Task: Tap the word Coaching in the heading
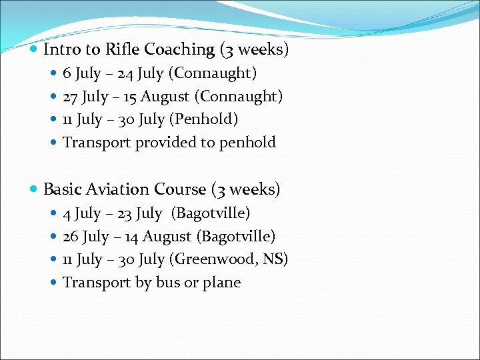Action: point(179,49)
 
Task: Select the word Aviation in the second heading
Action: point(123,189)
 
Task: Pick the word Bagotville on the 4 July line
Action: point(211,213)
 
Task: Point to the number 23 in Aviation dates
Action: point(125,213)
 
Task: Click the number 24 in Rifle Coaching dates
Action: point(125,73)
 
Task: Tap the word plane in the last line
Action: point(221,283)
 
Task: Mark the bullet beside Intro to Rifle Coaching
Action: point(35,50)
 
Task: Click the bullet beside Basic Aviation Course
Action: point(35,190)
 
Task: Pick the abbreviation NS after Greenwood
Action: point(273,259)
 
